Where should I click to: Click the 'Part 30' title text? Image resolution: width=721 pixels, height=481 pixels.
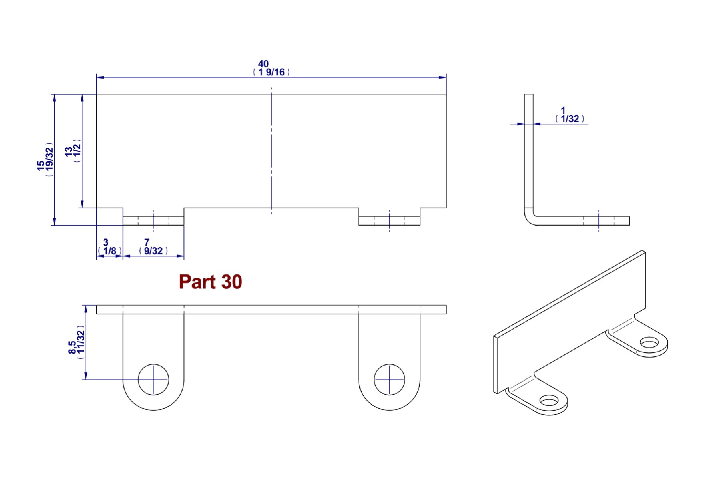pos(210,282)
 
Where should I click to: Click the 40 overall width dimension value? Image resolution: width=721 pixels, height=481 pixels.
pos(263,64)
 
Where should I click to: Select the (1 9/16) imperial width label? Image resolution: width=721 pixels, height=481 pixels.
pos(271,73)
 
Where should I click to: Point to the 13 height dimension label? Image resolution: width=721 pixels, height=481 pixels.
pos(68,151)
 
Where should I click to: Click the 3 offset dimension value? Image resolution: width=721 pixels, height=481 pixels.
pos(106,243)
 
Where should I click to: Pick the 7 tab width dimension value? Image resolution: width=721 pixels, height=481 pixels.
pos(147,243)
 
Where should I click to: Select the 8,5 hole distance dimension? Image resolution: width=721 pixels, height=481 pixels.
pos(72,348)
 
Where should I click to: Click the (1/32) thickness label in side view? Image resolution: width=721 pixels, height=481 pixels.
pos(570,119)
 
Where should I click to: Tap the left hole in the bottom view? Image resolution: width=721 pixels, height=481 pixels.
pos(153,379)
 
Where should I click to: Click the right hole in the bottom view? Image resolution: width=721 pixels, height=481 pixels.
pos(389,379)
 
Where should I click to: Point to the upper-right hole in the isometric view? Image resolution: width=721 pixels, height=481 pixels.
pos(649,343)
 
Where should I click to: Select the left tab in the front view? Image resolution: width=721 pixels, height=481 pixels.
pos(153,221)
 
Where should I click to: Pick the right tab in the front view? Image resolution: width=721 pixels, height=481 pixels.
pos(389,221)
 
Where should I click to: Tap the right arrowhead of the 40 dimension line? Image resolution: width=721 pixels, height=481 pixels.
pos(443,77)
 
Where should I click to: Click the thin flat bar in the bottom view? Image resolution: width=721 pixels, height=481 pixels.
pos(271,309)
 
